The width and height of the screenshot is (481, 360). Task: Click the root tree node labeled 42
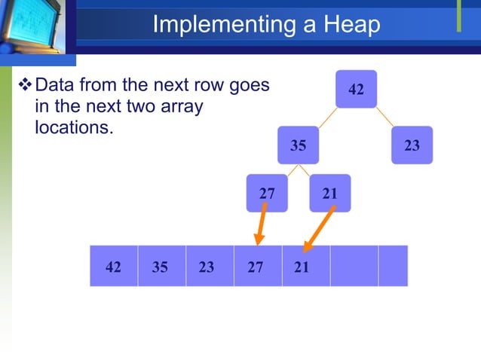[x=356, y=90]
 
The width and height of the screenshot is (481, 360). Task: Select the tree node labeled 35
[x=299, y=145]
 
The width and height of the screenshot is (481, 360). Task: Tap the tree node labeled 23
[x=412, y=145]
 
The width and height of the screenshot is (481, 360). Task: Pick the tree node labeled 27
[x=267, y=194]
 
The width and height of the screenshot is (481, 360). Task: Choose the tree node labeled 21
[x=329, y=194]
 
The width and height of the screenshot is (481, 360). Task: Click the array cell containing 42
[x=114, y=266]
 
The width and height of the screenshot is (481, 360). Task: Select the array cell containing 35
[x=161, y=266]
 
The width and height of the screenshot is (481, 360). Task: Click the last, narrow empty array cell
[x=393, y=266]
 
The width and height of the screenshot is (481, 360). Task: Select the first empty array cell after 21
[x=354, y=266]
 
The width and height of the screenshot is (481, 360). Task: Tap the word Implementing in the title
[x=213, y=25]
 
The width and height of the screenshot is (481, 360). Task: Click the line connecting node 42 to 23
[x=384, y=117]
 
